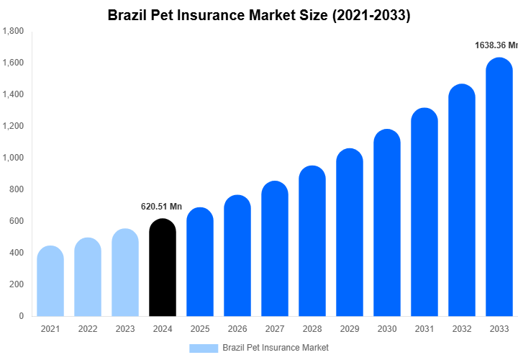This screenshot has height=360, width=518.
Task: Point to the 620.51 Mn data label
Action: pos(161,207)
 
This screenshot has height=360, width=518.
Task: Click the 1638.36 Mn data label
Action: pos(496,45)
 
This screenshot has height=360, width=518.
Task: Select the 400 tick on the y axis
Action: pos(17,253)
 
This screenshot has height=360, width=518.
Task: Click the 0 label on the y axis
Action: pos(21,316)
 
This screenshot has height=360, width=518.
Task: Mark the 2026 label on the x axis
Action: pos(237,329)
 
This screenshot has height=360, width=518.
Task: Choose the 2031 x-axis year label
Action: pos(424,329)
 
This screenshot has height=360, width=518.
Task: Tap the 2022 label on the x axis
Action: pos(88,329)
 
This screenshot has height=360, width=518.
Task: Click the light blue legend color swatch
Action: pos(204,348)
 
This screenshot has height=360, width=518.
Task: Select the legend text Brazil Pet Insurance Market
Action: pos(276,348)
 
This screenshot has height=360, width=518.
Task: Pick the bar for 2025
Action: pos(199,262)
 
